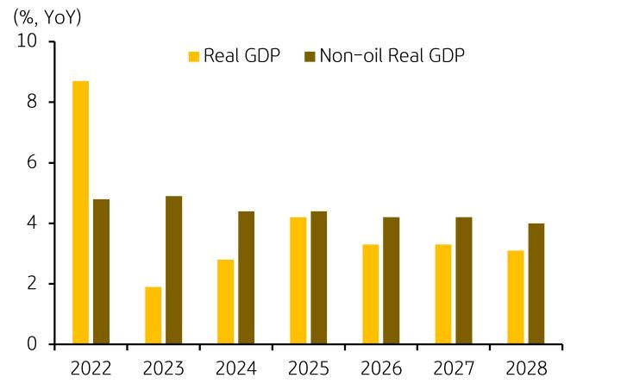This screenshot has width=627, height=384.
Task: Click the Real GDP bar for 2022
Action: point(80,212)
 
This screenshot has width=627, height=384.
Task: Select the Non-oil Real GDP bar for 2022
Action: point(101,272)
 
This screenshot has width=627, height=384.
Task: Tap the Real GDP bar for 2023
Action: point(153,316)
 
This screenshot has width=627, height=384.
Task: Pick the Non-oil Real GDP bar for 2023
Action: point(173,270)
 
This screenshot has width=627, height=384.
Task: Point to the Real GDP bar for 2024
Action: point(225,302)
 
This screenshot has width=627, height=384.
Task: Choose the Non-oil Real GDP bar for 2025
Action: point(318,278)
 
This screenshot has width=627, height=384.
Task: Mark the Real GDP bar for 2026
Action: point(370,294)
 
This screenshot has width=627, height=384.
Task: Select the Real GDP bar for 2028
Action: point(515,298)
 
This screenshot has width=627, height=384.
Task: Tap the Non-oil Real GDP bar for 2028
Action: point(536,284)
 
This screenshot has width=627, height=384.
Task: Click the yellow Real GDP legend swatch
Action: point(194,57)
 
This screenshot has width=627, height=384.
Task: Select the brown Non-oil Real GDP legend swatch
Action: point(310,57)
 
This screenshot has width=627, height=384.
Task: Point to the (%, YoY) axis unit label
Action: point(47,16)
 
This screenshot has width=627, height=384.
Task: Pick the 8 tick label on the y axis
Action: point(32,102)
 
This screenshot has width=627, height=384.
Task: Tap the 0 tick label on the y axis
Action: point(32,344)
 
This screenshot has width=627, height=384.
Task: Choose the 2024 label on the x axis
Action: point(235,368)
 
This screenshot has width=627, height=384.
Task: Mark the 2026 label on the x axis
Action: point(380,368)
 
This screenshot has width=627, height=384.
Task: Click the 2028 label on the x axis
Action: point(525,368)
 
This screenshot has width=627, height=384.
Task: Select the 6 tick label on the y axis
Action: point(32,163)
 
